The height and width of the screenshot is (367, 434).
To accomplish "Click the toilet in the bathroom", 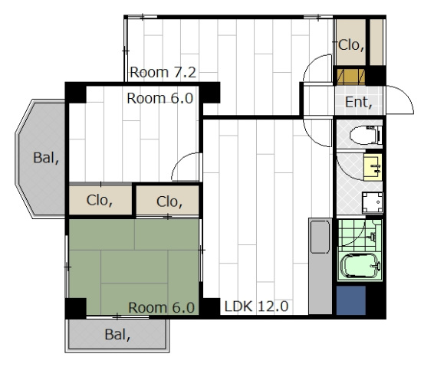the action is pyautogui.click(x=366, y=136).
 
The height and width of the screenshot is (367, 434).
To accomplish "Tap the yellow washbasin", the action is pyautogui.click(x=373, y=167).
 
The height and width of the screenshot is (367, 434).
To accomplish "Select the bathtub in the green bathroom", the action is pyautogui.click(x=360, y=266).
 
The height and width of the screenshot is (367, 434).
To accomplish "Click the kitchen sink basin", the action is pyautogui.click(x=320, y=237).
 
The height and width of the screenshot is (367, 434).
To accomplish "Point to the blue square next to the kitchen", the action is pyautogui.click(x=351, y=300).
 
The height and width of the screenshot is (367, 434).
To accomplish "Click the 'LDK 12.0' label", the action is pyautogui.click(x=256, y=306).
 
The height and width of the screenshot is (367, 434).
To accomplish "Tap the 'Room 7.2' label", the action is pyautogui.click(x=163, y=72).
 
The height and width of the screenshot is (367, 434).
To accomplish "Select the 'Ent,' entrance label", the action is pyautogui.click(x=358, y=102).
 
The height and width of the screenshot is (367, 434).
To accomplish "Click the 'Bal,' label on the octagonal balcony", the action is pyautogui.click(x=46, y=158).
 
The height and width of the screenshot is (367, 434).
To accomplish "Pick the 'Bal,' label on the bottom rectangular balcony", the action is pyautogui.click(x=117, y=335).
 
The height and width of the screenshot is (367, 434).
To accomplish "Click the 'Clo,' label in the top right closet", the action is pyautogui.click(x=351, y=44).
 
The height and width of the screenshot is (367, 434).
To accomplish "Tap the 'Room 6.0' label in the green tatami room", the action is pyautogui.click(x=161, y=307).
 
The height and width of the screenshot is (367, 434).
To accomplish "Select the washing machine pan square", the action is pyautogui.click(x=373, y=202).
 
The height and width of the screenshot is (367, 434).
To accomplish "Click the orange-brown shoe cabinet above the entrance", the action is pyautogui.click(x=351, y=77).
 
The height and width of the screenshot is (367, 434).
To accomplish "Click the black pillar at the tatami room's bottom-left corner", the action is pyautogui.click(x=76, y=308).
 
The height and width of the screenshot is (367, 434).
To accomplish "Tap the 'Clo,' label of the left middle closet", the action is pyautogui.click(x=100, y=200).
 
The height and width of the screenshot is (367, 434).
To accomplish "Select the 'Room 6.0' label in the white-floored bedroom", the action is pyautogui.click(x=160, y=98).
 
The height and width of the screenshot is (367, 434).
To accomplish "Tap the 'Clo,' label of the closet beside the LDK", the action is pyautogui.click(x=169, y=202).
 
